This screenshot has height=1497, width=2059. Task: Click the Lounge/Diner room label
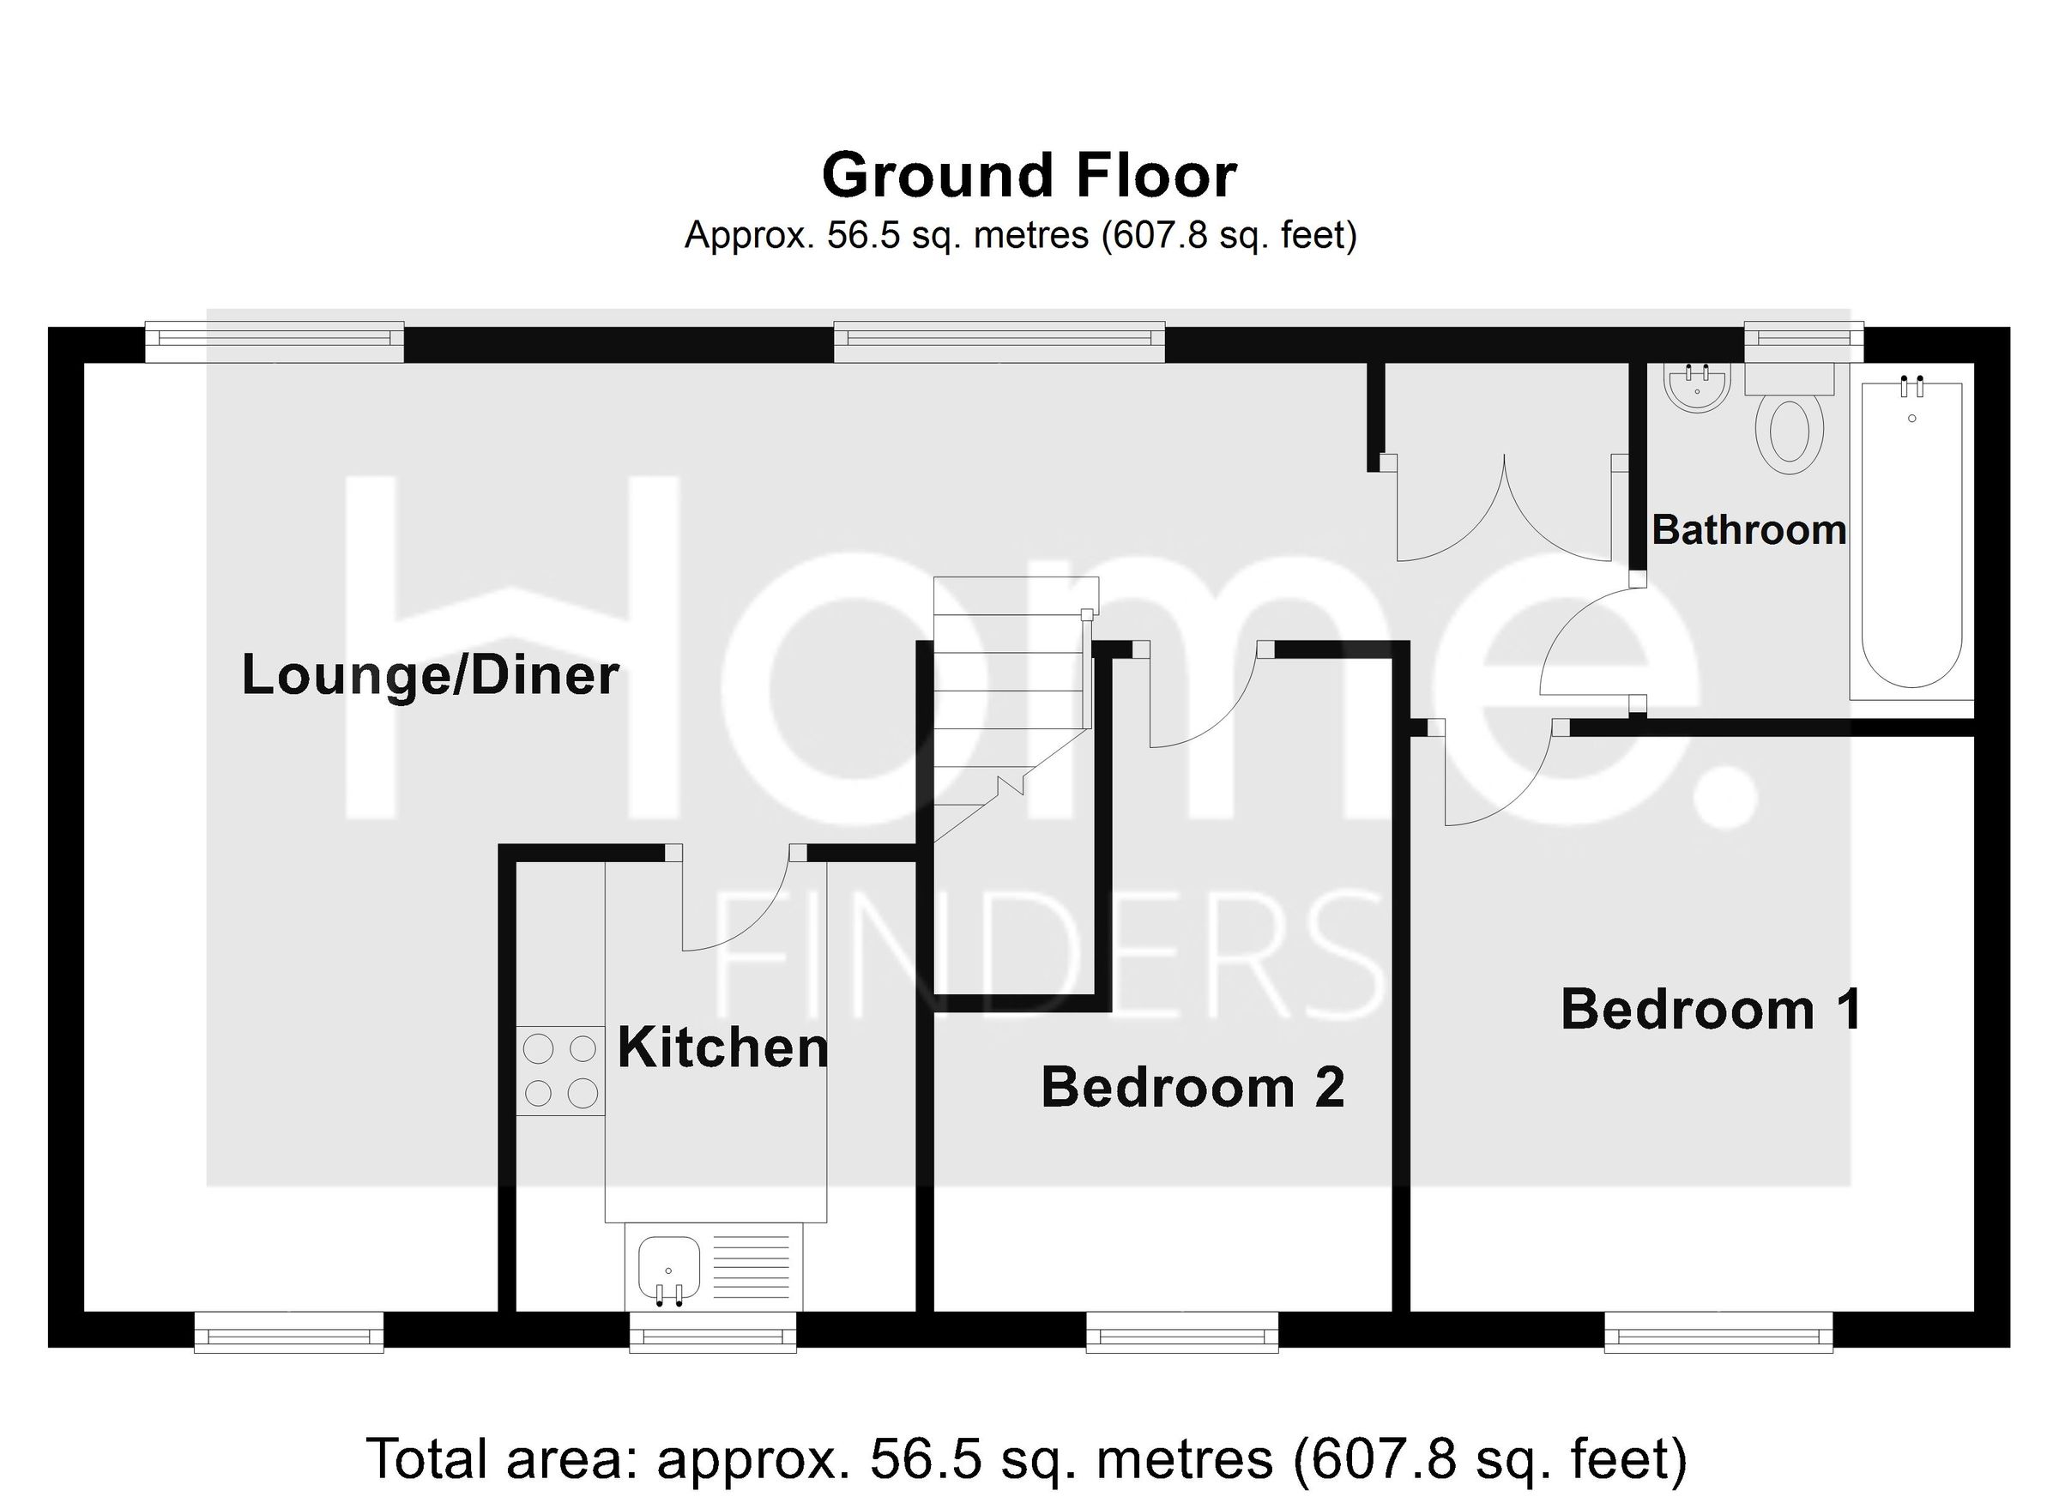(x=431, y=675)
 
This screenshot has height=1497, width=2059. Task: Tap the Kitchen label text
(x=722, y=1047)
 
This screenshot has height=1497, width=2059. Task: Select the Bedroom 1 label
(x=1711, y=1010)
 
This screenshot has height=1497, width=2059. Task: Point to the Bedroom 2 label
(x=1192, y=1087)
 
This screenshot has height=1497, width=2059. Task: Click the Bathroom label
(x=1748, y=530)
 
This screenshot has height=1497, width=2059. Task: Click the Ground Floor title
(x=1029, y=175)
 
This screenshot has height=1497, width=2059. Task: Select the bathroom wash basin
(x=1697, y=388)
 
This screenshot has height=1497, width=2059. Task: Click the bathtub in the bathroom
(x=1911, y=535)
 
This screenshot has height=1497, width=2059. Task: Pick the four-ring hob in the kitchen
(x=560, y=1071)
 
